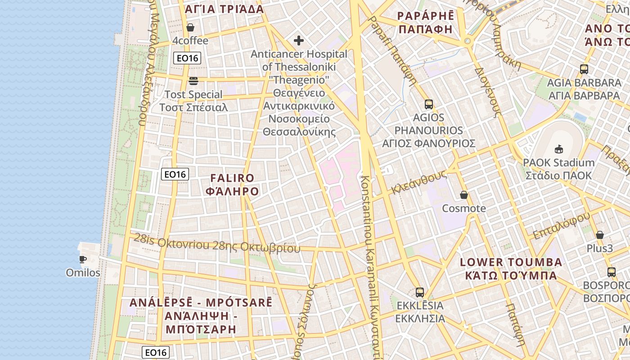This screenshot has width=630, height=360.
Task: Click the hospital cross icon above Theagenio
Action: tap(299, 41)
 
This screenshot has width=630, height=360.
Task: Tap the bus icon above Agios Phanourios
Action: tap(429, 104)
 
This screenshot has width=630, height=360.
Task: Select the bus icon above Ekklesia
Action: tap(420, 292)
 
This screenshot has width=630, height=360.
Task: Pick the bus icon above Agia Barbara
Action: tap(584, 69)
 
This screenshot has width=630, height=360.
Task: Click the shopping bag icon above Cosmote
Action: tap(464, 195)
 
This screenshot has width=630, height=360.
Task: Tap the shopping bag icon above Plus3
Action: tap(599, 235)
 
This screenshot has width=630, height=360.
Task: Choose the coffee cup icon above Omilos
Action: tap(83, 259)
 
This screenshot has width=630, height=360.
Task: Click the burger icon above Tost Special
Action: tap(193, 81)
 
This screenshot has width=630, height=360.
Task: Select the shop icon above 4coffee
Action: tap(190, 27)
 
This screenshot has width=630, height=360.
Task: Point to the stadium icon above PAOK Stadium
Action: tap(559, 149)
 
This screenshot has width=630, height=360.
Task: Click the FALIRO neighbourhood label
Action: tap(232, 184)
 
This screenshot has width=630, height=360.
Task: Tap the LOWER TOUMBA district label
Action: tap(511, 269)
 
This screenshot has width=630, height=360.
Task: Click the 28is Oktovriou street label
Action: tap(216, 243)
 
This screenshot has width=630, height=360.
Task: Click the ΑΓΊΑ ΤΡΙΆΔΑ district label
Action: tap(224, 9)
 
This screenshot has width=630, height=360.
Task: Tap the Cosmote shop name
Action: tap(464, 208)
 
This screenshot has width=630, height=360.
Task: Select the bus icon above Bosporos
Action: tap(611, 272)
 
